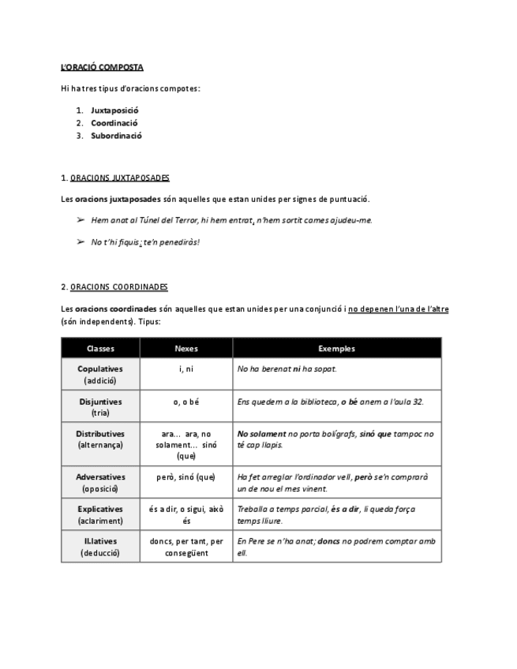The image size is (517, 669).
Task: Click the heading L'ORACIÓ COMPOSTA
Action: pyautogui.click(x=102, y=67)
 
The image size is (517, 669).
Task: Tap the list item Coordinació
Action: pyautogui.click(x=114, y=122)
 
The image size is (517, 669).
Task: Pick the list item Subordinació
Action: pyautogui.click(x=116, y=135)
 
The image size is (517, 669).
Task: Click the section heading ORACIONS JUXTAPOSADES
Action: pyautogui.click(x=119, y=178)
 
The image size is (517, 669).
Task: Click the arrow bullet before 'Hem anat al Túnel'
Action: pyautogui.click(x=80, y=220)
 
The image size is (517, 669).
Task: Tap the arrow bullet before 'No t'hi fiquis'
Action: pyautogui.click(x=80, y=241)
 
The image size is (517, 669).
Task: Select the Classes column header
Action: pyautogui.click(x=100, y=348)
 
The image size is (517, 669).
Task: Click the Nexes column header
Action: pyautogui.click(x=186, y=348)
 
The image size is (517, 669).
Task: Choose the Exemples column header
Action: pyautogui.click(x=336, y=348)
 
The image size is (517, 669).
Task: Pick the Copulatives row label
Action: pyautogui.click(x=100, y=368)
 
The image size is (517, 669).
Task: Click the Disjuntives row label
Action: pyautogui.click(x=100, y=402)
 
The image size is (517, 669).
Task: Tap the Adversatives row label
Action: pyautogui.click(x=100, y=477)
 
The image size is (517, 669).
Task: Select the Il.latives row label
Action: pyautogui.click(x=100, y=541)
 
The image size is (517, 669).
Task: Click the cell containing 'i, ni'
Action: pyautogui.click(x=186, y=368)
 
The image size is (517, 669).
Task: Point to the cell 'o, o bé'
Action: pyautogui.click(x=186, y=402)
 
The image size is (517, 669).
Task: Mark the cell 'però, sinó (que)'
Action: pyautogui.click(x=186, y=477)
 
